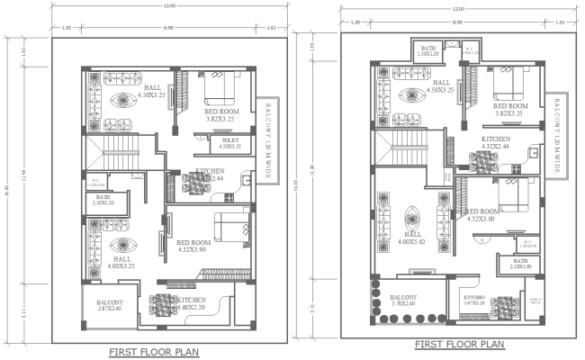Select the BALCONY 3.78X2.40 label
click(x=404, y=301)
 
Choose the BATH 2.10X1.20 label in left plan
click(x=103, y=201)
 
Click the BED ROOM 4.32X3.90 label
click(x=193, y=246)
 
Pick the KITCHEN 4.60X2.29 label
click(x=190, y=304)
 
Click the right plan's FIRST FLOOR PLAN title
click(x=459, y=345)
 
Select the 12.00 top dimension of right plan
click(x=459, y=10)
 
